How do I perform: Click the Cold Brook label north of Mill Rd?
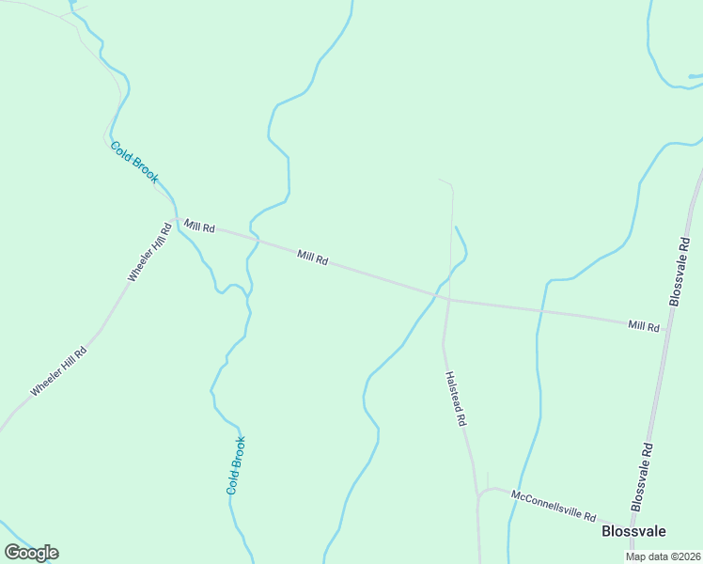click(x=134, y=162)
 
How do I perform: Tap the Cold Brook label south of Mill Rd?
click(x=236, y=465)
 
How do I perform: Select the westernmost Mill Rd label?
click(x=200, y=227)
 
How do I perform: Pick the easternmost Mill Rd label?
click(x=644, y=325)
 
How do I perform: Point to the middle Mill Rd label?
click(x=312, y=257)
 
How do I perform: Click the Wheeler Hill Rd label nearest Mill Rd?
click(x=150, y=251)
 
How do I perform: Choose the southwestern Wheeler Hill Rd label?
click(x=58, y=371)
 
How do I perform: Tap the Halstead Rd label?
click(x=455, y=398)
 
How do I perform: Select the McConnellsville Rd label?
click(x=554, y=504)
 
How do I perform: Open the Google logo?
click(x=31, y=553)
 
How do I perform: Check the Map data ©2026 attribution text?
click(x=663, y=556)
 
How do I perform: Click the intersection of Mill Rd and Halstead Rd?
click(x=447, y=299)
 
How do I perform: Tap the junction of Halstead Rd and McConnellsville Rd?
click(x=478, y=493)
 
